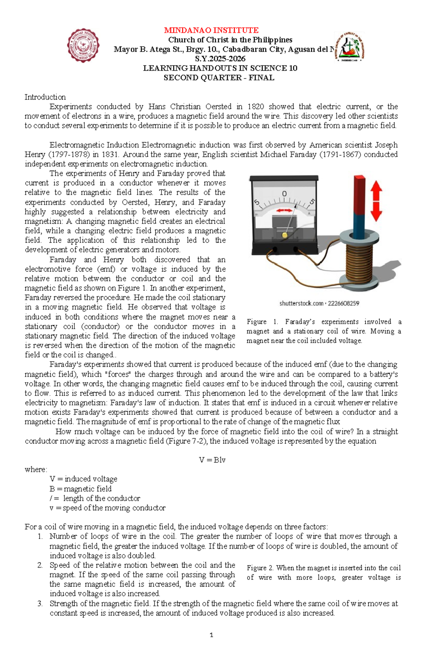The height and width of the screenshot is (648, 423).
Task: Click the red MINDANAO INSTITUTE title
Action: [x=211, y=30]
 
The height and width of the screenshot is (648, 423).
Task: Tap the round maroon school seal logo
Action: [x=83, y=46]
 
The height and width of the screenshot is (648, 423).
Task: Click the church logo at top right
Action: [x=349, y=46]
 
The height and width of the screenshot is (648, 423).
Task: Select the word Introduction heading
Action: [x=45, y=97]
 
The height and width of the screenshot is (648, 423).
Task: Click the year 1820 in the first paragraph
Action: [x=256, y=107]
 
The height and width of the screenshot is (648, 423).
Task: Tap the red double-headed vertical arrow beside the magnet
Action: [x=376, y=201]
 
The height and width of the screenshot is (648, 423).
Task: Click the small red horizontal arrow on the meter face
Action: [x=284, y=210]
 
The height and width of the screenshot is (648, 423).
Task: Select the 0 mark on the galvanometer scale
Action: [x=284, y=194]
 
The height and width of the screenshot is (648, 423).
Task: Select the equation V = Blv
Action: [x=212, y=460]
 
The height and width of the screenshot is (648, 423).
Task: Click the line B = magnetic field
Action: [x=80, y=489]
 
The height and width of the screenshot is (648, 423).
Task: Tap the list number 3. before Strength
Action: [x=40, y=604]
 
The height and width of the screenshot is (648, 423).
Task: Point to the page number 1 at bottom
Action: [x=211, y=635]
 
